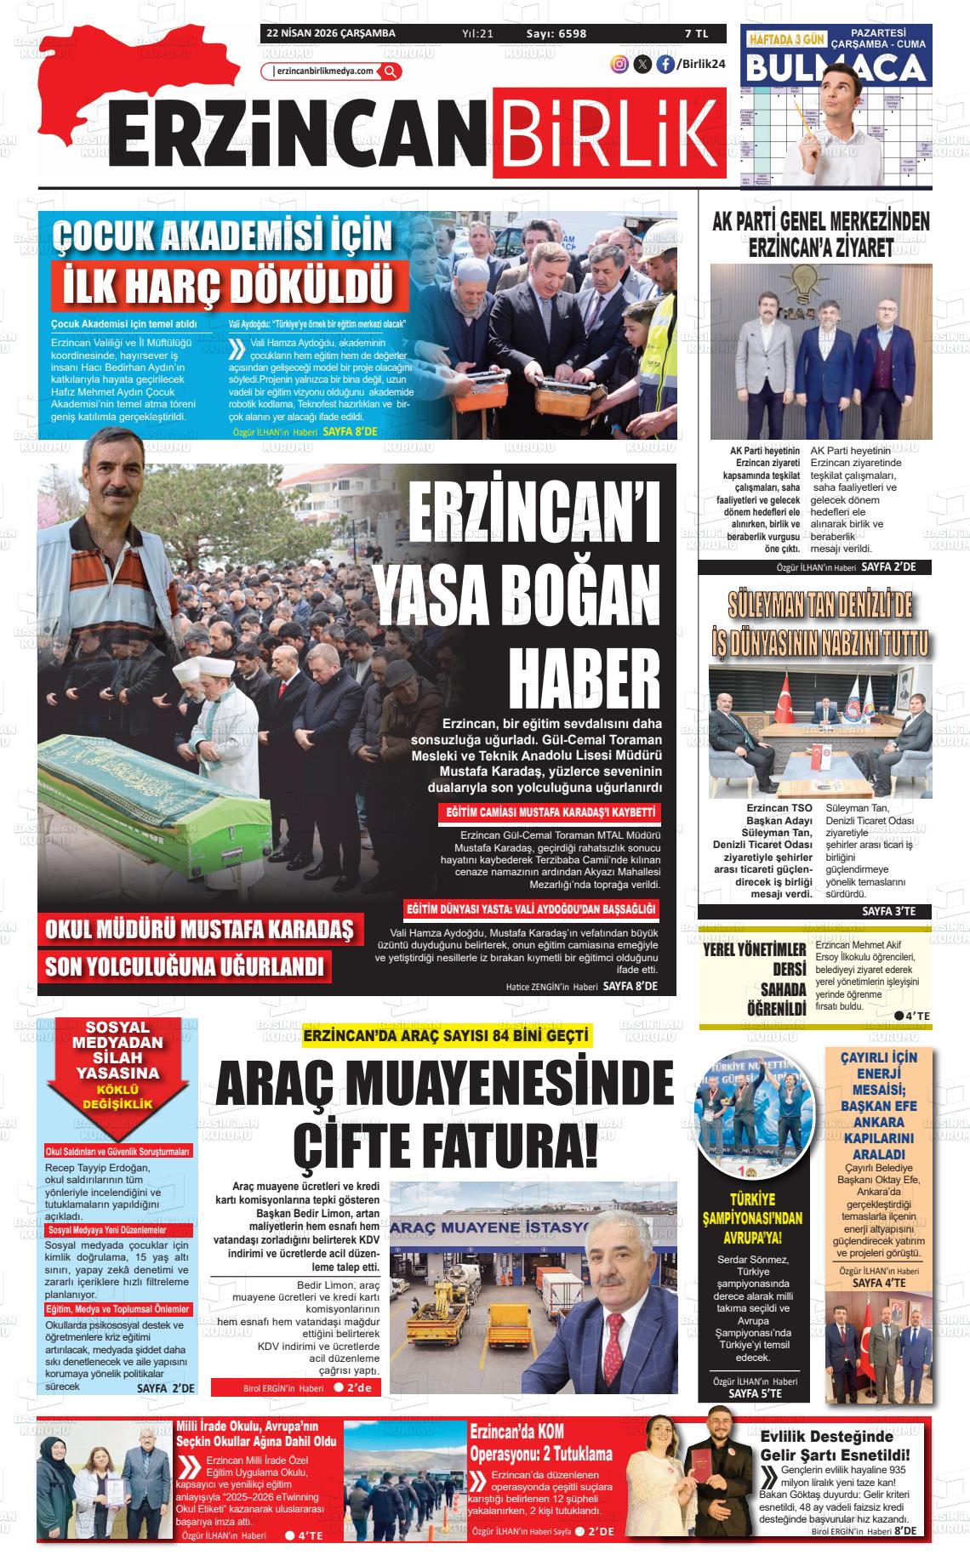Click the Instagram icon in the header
620,63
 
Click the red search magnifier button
391,71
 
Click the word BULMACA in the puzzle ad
836,67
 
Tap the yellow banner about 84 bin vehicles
448,1035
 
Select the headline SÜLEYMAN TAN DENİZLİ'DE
820,605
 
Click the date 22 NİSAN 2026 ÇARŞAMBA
330,34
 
